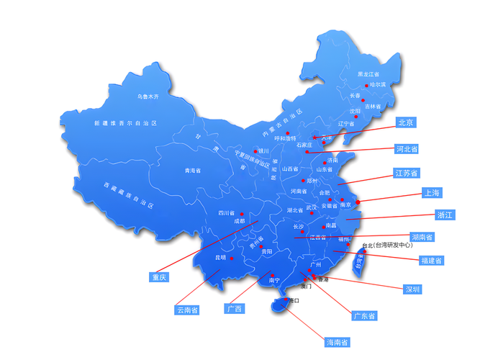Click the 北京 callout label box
click(404, 123)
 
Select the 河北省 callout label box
click(407, 149)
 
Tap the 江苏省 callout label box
click(407, 173)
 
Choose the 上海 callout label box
click(432, 192)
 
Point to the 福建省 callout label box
click(431, 260)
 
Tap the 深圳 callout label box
click(412, 289)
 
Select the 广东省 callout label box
click(363, 315)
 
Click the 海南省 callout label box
click(337, 341)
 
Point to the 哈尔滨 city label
click(378, 84)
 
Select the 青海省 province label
click(192, 171)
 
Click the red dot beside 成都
click(242, 214)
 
